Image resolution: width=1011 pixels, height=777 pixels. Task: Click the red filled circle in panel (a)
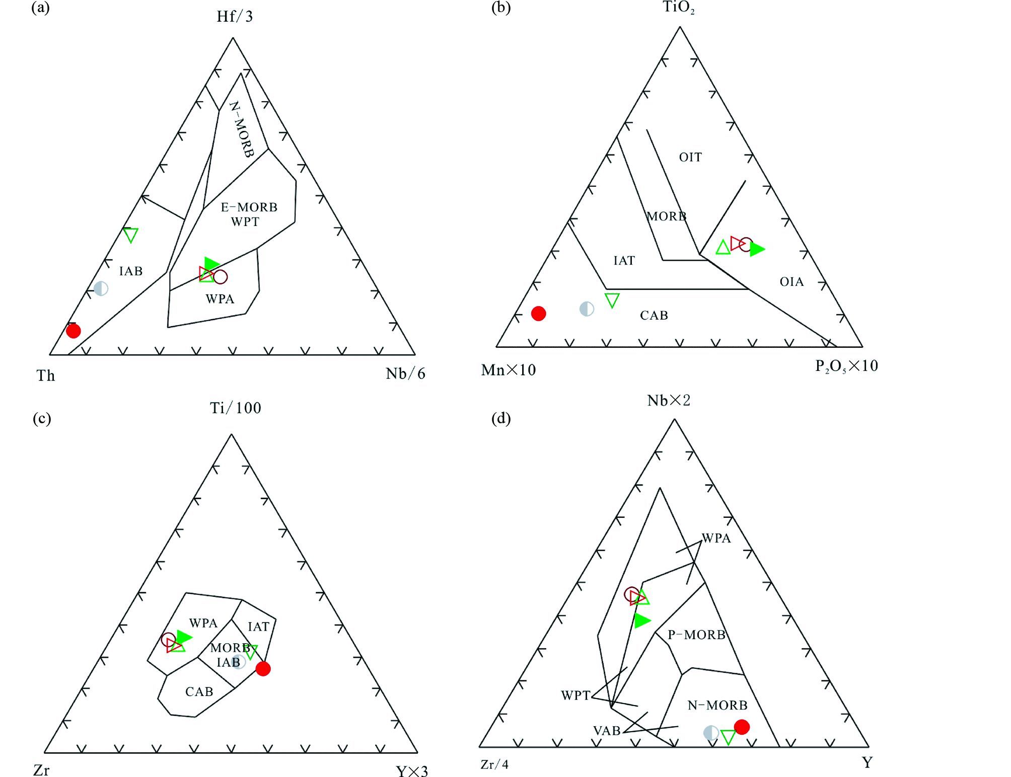coord(74,331)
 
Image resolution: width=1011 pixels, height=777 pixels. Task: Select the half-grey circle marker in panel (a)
coord(101,288)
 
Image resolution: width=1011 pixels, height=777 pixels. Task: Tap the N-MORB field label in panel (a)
coord(242,129)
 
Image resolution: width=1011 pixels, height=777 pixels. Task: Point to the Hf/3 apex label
coord(235,17)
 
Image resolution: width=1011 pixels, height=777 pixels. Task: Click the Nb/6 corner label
coord(405,373)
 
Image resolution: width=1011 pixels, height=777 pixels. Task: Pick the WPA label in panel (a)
coord(220,299)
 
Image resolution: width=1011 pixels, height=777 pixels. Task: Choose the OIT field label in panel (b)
coord(690,158)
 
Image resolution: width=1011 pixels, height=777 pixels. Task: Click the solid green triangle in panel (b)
coord(756,249)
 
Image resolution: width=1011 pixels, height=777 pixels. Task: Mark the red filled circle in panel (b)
coord(539,314)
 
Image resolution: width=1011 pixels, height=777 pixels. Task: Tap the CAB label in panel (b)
coord(654,316)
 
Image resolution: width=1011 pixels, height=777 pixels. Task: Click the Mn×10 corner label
coord(509,370)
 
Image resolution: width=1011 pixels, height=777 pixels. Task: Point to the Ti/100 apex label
coord(236,408)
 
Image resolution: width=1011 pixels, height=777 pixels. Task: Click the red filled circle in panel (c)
coord(263,669)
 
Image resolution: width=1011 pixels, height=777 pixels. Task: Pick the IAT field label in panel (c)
coord(258,627)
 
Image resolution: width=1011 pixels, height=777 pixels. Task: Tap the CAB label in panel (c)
coord(199,692)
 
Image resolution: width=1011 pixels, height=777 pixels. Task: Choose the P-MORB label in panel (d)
coord(696,635)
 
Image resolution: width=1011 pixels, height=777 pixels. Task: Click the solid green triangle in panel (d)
coord(642,620)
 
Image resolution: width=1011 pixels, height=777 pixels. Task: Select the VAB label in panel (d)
coord(607,731)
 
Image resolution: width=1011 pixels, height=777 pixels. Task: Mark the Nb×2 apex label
coord(669,401)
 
